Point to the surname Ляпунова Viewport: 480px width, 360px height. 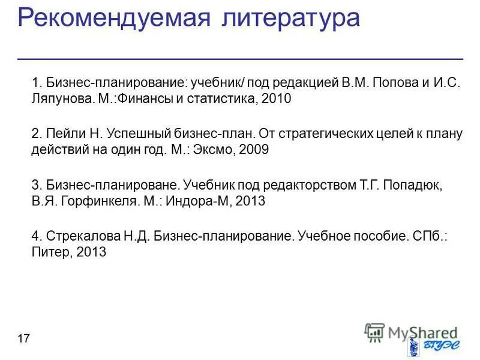62,99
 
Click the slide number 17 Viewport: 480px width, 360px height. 24,340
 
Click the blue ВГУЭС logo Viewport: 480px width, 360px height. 429,346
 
